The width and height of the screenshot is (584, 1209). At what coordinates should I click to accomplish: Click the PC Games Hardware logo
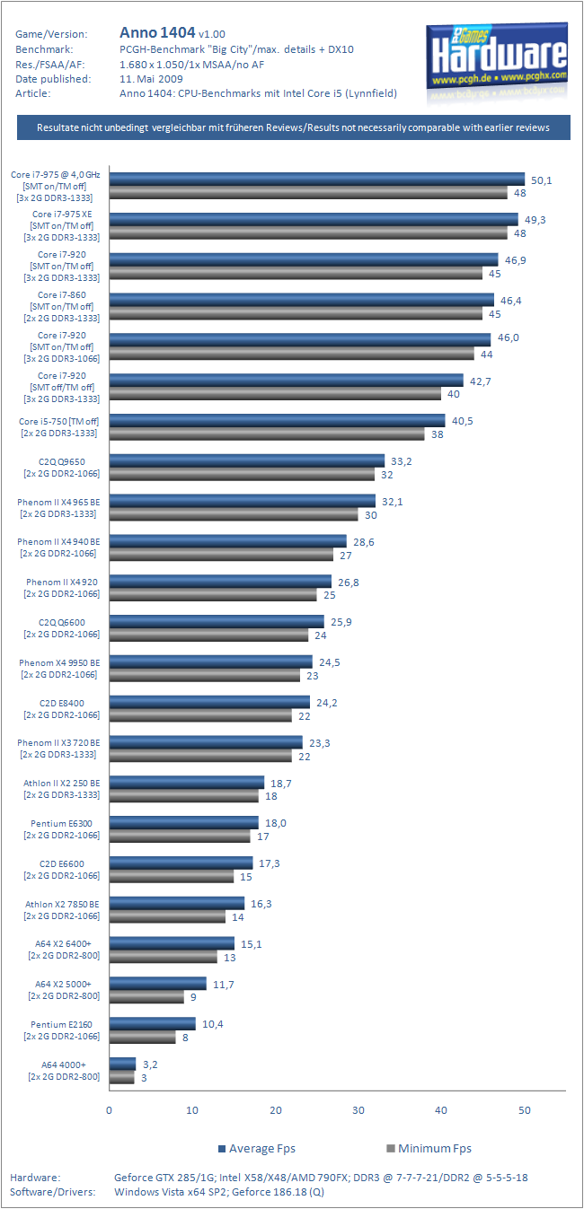497,56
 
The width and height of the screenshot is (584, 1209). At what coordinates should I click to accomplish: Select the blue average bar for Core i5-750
277,421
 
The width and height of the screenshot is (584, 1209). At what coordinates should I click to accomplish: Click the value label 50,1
542,180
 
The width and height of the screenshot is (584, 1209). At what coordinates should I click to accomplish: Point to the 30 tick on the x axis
358,1110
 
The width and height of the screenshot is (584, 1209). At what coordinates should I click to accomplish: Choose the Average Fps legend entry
256,1148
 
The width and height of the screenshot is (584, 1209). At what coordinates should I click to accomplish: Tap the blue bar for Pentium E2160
152,1023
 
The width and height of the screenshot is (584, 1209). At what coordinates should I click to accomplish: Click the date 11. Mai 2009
151,78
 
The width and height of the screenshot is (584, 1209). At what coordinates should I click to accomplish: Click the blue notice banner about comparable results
293,127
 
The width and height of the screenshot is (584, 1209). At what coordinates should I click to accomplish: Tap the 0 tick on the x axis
109,1110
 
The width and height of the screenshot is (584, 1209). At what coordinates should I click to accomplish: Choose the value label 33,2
401,461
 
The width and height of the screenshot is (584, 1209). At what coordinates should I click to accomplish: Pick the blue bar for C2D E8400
208,702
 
